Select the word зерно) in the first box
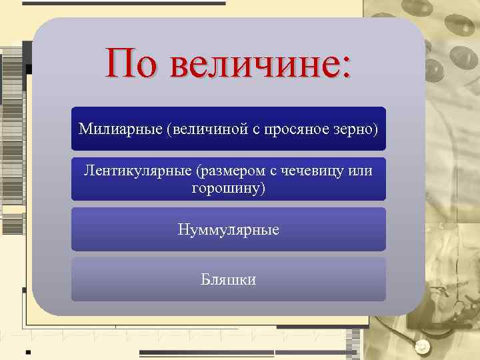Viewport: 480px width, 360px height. (355, 127)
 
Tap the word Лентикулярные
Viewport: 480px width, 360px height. (138, 171)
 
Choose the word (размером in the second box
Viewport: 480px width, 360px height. (230, 171)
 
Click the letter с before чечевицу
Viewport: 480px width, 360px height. (273, 172)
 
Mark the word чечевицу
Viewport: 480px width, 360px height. (311, 171)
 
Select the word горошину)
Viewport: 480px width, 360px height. (229, 188)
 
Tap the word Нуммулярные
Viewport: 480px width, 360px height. (229, 230)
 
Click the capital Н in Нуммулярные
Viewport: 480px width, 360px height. (183, 229)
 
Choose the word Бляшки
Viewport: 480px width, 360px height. (229, 279)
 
